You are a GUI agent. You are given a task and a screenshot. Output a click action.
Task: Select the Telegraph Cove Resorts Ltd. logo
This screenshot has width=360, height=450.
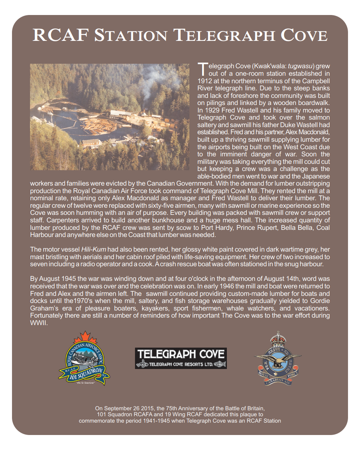pyautogui.click(x=181, y=358)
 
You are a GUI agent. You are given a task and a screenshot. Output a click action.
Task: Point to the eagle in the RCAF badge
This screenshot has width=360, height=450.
pyautogui.click(x=277, y=359)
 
